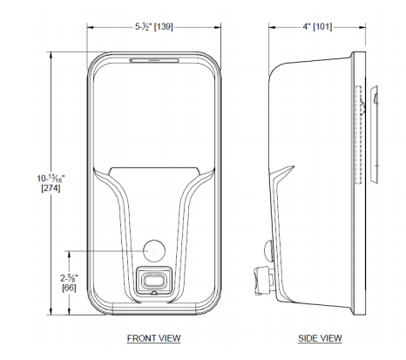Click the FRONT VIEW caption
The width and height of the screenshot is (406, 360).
point(153,337)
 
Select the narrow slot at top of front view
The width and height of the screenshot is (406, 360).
point(153,60)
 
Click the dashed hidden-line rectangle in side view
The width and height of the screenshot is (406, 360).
point(358,135)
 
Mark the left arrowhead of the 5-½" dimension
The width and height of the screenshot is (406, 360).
point(89,26)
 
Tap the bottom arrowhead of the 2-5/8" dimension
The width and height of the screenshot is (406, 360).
point(70,310)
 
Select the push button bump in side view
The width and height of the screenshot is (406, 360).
point(268,253)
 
